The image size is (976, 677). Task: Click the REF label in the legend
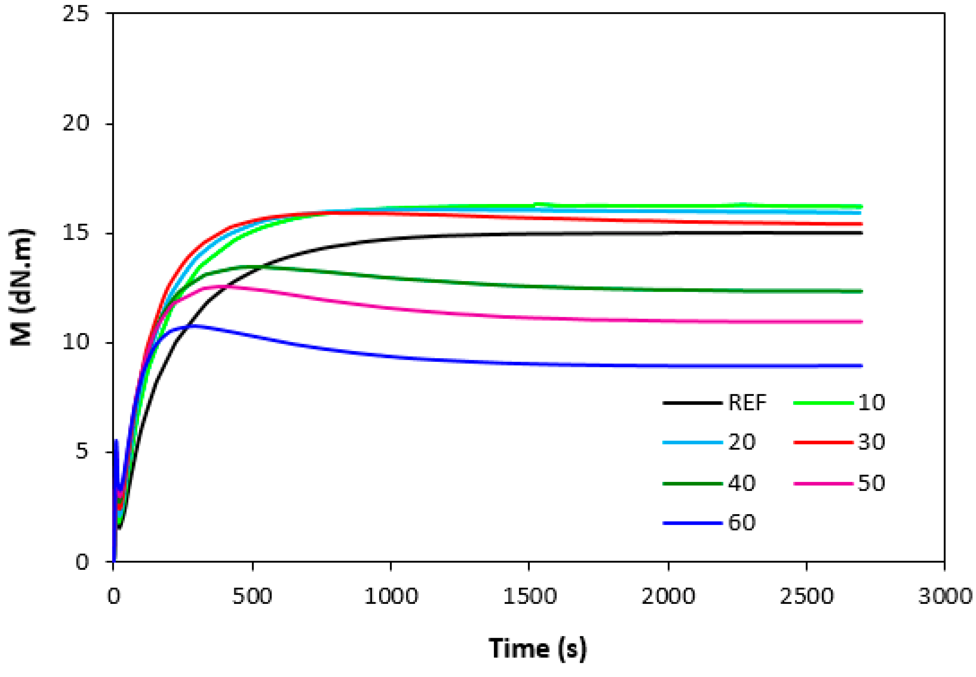(747, 402)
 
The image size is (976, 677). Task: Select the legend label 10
(871, 402)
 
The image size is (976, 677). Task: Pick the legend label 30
(871, 442)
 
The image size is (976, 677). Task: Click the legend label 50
(871, 483)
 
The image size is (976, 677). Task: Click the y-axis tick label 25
(75, 14)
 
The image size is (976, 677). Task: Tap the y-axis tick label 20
(75, 124)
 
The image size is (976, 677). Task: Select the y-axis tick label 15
(75, 233)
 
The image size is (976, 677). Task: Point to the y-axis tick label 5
(82, 452)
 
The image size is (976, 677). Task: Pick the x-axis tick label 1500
(529, 596)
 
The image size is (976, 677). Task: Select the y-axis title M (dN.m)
(21, 288)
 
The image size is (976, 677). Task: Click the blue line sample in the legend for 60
(692, 523)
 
